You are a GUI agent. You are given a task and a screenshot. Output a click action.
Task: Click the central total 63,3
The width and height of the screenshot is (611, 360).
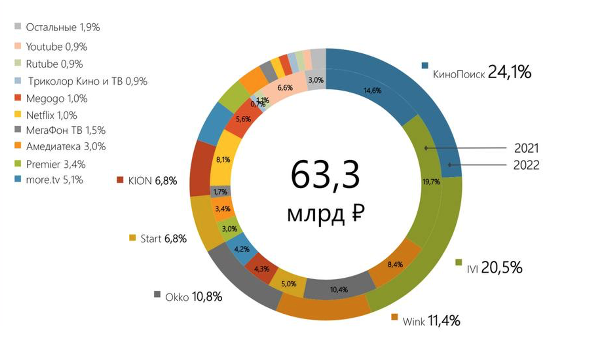[x=325, y=175]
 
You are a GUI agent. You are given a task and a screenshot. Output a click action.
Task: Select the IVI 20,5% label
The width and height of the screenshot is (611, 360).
[x=494, y=268]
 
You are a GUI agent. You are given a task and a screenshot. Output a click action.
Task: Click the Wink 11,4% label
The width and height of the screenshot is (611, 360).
[x=431, y=321]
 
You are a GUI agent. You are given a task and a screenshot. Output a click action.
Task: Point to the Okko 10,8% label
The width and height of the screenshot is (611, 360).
[x=193, y=297]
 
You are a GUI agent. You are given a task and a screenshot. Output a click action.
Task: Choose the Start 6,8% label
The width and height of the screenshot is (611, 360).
[x=163, y=239]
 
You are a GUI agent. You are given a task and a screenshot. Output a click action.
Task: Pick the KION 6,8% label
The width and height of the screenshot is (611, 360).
[x=152, y=181]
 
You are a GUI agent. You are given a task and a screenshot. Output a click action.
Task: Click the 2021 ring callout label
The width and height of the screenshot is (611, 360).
[x=526, y=148]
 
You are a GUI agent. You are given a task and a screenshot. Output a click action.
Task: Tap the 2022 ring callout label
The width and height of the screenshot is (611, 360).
[x=526, y=165]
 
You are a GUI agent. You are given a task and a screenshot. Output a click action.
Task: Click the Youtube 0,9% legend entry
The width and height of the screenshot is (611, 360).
[x=56, y=47]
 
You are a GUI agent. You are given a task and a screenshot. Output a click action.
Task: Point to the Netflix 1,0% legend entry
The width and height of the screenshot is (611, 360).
[x=51, y=115]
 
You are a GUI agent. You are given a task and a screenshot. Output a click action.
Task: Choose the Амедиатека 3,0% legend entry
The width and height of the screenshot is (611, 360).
[x=65, y=146]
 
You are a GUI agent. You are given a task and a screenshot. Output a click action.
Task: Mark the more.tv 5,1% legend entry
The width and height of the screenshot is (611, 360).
[x=54, y=180]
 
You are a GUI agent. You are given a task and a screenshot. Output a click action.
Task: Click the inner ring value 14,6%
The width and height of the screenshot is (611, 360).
[x=372, y=91]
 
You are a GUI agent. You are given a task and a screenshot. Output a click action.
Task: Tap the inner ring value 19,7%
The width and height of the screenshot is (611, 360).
[x=431, y=182]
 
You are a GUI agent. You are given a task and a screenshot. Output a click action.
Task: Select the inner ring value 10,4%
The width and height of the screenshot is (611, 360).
[x=339, y=290]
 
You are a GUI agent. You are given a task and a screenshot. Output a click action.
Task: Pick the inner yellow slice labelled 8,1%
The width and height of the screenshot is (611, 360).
[x=223, y=160]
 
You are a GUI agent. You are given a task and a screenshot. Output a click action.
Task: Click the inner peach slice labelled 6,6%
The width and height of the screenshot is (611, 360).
[x=285, y=88]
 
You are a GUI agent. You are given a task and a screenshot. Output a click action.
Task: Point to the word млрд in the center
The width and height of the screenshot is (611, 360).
[x=315, y=214]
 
